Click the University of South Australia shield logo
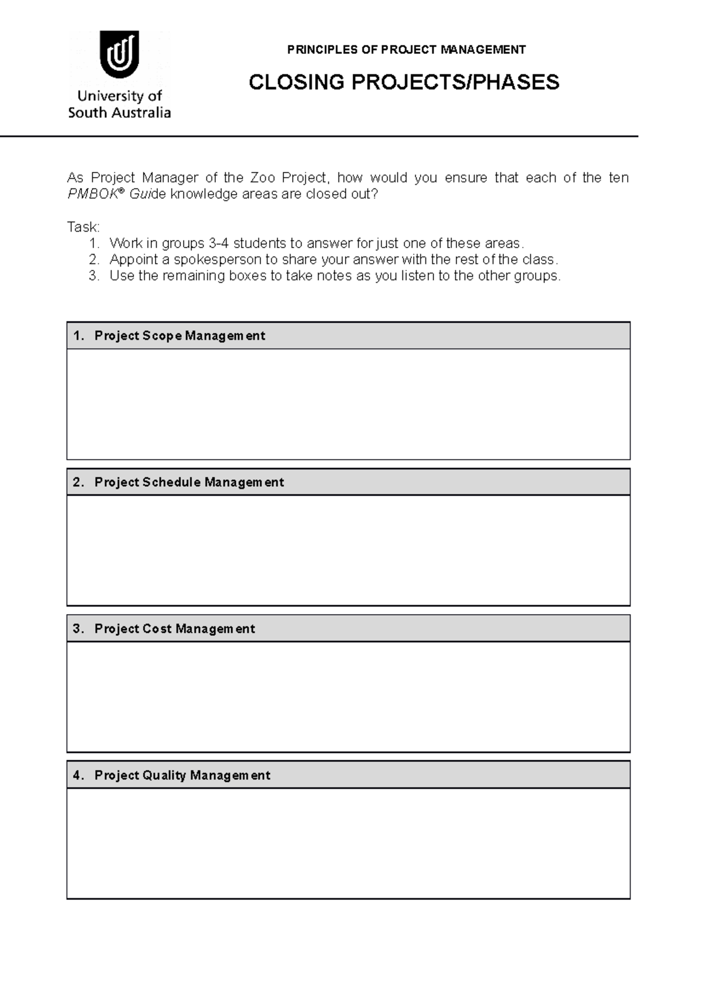click(x=119, y=54)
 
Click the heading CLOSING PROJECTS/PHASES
click(x=404, y=82)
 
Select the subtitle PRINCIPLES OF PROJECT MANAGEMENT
click(x=406, y=50)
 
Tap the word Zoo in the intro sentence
click(x=262, y=178)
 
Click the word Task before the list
click(x=83, y=227)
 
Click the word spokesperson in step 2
click(x=217, y=259)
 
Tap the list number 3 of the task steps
click(x=93, y=276)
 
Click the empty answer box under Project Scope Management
click(x=348, y=404)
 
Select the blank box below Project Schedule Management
click(x=348, y=550)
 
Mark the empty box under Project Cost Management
click(x=348, y=697)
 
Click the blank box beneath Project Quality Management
click(x=348, y=843)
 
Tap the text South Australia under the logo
click(x=119, y=113)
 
